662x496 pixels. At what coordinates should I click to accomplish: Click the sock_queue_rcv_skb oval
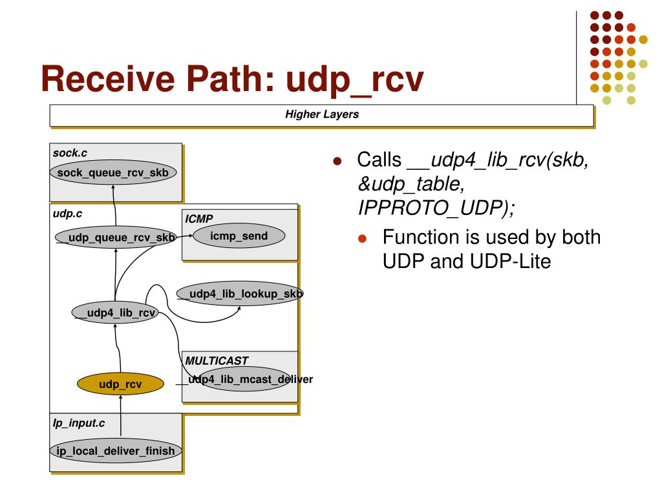113,172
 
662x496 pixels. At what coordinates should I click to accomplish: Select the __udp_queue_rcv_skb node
115,237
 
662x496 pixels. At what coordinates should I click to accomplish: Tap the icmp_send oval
239,236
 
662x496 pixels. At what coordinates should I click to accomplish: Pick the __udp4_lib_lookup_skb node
239,293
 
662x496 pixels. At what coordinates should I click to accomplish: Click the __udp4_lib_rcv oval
115,313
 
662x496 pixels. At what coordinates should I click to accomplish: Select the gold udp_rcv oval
120,384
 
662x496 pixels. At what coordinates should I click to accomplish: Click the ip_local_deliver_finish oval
115,450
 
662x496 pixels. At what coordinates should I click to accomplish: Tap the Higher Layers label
322,114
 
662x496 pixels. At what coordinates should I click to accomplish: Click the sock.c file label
70,152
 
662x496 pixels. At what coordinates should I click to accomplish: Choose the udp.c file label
67,213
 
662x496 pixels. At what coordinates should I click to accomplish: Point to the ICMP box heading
199,219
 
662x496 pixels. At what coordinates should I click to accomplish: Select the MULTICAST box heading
217,360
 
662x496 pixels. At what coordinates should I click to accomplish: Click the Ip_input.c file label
79,423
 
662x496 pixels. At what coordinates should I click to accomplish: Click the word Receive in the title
108,78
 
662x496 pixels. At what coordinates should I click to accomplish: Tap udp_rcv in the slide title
355,80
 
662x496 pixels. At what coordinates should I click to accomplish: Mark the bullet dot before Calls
337,161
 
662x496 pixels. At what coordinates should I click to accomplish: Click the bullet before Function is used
362,238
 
